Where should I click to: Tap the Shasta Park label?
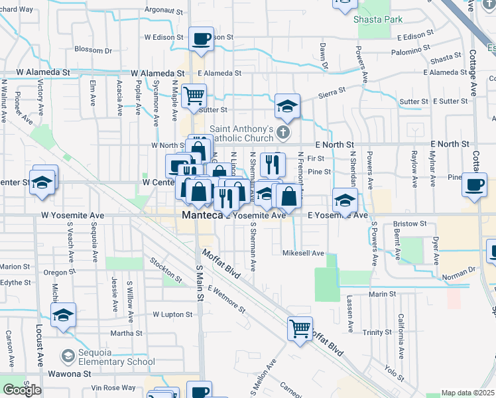[378, 20]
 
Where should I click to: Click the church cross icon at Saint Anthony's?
[284, 133]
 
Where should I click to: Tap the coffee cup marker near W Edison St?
[201, 39]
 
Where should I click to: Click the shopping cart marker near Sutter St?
[194, 96]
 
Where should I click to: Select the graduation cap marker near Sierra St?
[287, 105]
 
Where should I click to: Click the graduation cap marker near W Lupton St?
[63, 314]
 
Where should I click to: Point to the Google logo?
[22, 390]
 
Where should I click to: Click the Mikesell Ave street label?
[303, 253]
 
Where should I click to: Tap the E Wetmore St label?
[226, 299]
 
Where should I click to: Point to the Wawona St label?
[72, 374]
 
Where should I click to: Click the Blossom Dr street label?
[93, 50]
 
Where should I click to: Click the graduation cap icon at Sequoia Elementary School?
[68, 357]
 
